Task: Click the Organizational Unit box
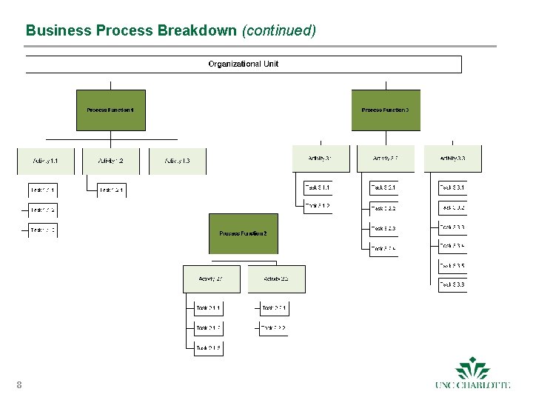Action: (243, 64)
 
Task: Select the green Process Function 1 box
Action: (111, 110)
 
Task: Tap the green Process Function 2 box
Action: (243, 234)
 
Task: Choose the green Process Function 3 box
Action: (386, 110)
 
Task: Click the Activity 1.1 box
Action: (44, 161)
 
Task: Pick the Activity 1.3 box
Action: (178, 161)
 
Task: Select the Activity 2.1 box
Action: (210, 279)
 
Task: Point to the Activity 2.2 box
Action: (275, 279)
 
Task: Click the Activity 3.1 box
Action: (320, 159)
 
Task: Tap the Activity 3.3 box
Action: (452, 159)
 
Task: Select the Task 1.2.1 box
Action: (112, 190)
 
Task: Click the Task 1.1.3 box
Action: (43, 230)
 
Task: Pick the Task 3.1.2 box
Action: (318, 206)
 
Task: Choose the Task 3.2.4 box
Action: (383, 248)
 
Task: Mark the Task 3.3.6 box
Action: (452, 284)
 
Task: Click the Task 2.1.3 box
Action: (208, 347)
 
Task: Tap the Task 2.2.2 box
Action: (273, 327)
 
